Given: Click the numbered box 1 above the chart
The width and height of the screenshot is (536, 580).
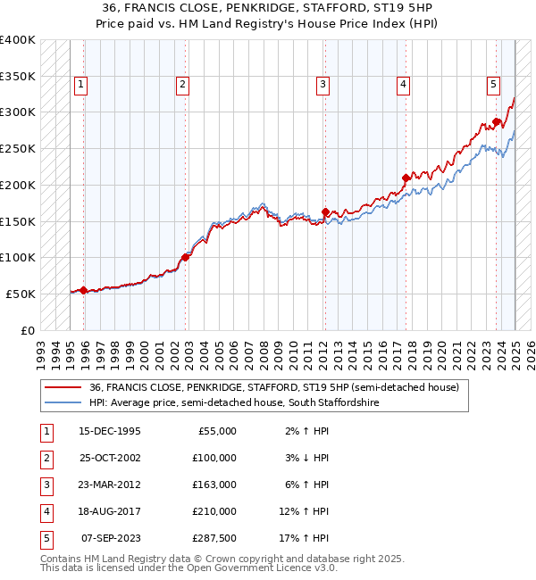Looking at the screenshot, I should [80, 85].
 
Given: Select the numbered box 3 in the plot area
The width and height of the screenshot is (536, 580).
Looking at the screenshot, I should [322, 85].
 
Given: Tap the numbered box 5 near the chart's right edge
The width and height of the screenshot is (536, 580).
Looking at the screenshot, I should [493, 85].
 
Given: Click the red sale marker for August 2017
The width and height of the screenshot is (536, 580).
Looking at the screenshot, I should [406, 178].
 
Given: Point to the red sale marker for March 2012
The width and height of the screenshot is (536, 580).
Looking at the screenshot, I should [325, 211].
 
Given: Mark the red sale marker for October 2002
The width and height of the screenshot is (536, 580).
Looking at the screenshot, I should [185, 257].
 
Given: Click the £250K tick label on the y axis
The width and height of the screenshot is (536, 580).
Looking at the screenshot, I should [17, 149].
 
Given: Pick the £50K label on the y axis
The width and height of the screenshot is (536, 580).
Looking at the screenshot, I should [21, 294].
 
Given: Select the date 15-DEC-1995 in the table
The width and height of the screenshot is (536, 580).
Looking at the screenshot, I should [110, 431].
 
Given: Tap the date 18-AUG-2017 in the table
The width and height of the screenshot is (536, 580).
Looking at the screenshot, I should [110, 511].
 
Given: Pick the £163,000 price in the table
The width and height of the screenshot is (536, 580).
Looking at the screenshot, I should [214, 485].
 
